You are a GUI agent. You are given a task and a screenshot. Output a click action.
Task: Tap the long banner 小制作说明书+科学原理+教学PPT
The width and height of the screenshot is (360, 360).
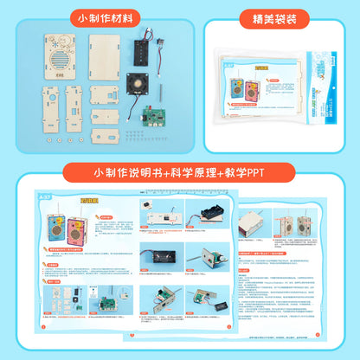tap(180, 170)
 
